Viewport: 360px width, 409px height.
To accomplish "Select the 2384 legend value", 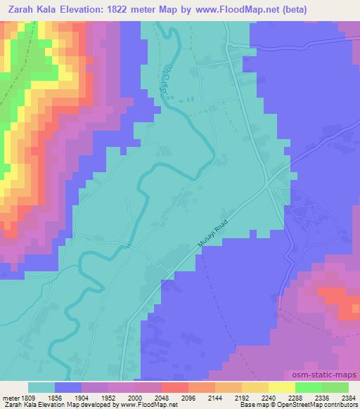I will click(x=347, y=397).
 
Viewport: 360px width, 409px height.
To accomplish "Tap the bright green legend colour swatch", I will click(x=309, y=387).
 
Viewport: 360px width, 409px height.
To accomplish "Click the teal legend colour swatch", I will click(x=41, y=387).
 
